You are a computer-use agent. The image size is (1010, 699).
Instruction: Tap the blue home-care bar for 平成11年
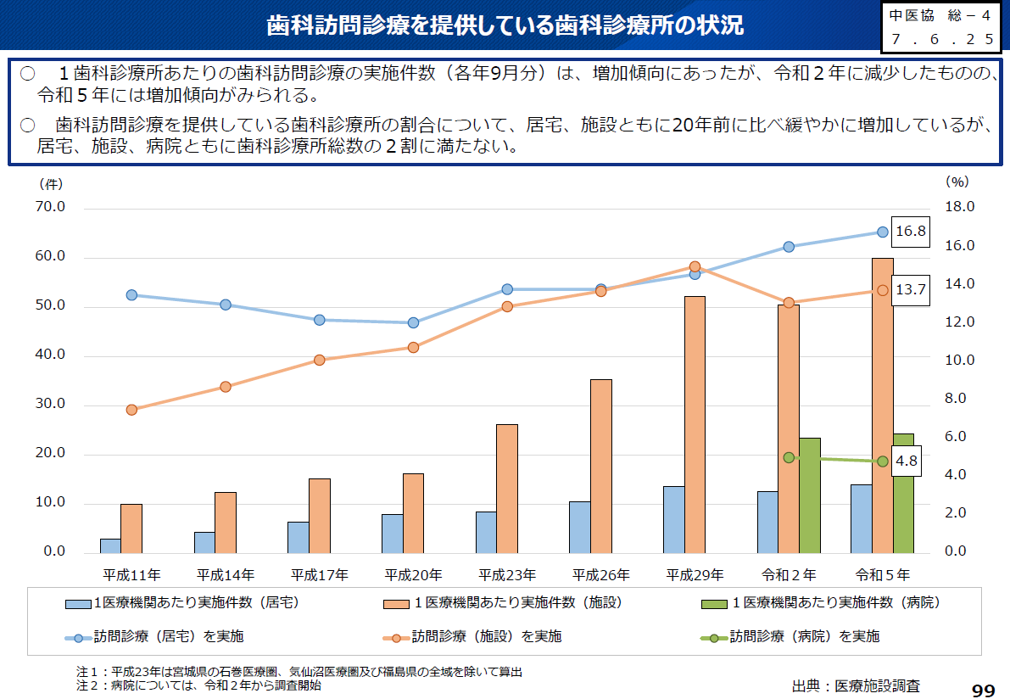click(x=110, y=545)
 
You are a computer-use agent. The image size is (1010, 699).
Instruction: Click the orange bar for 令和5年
click(x=882, y=405)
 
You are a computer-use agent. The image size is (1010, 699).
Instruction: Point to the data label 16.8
click(x=910, y=232)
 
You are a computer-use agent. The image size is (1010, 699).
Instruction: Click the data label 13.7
click(x=910, y=290)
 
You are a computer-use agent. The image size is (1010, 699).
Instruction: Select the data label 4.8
click(x=907, y=461)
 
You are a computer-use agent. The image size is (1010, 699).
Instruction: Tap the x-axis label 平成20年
click(x=413, y=575)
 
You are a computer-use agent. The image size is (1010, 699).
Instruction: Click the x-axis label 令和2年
click(x=789, y=575)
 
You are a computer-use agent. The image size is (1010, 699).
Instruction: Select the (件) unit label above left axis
click(x=49, y=182)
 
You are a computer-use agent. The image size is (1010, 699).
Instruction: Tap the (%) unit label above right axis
click(x=957, y=182)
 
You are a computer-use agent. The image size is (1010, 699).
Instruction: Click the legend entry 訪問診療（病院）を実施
click(x=804, y=636)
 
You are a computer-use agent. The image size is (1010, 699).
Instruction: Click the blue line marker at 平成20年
click(x=413, y=322)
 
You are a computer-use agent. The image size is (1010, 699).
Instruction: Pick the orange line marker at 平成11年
click(x=131, y=410)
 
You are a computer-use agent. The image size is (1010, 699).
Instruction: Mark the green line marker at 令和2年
click(x=789, y=457)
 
